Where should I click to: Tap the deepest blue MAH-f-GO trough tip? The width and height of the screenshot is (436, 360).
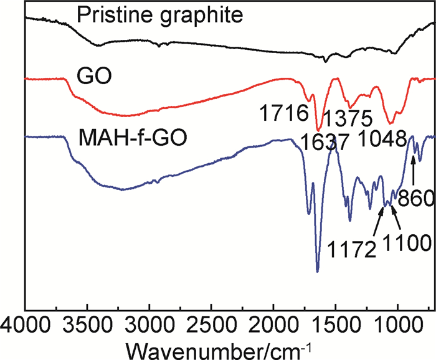click(318, 271)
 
